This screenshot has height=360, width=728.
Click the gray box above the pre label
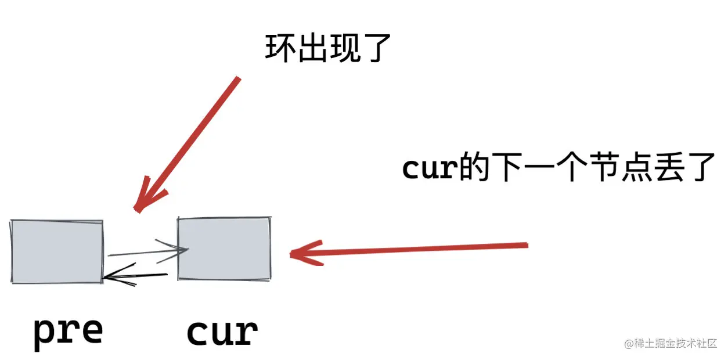pos(57,251)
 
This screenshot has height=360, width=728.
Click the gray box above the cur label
pos(224,249)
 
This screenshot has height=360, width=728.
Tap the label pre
pos(68,332)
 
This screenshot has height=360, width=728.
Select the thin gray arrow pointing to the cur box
pos(148,252)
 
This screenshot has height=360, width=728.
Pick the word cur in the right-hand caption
pos(427,168)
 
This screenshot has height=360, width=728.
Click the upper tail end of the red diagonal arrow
pos(236,79)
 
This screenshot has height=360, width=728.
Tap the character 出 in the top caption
pos(312,48)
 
